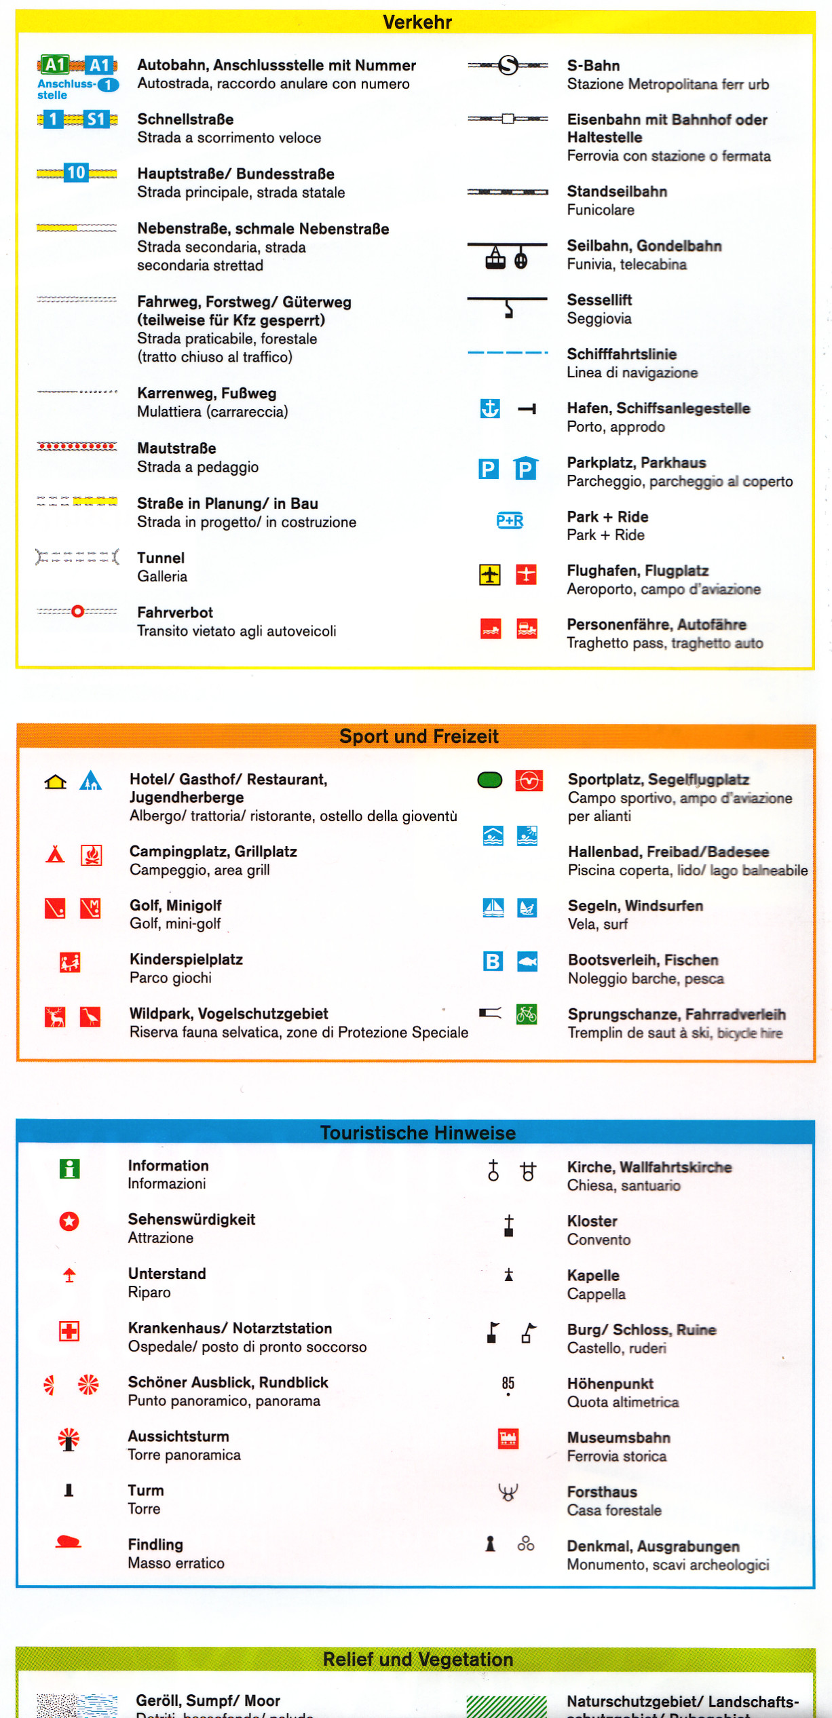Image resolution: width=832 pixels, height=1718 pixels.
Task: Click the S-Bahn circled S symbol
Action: (x=508, y=65)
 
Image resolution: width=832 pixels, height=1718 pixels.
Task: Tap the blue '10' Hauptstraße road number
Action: (x=76, y=173)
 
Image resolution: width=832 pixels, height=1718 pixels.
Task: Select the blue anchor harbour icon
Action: (x=490, y=408)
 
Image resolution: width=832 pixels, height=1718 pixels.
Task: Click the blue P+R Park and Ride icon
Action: (x=510, y=521)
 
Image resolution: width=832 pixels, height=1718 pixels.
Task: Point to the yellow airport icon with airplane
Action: (x=490, y=575)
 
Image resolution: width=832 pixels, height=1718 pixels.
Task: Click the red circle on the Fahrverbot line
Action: (x=77, y=611)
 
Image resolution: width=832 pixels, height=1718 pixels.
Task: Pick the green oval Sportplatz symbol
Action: (x=490, y=780)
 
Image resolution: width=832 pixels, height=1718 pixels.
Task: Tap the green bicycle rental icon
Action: (x=527, y=1014)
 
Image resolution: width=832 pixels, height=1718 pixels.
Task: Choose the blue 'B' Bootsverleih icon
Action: (x=493, y=961)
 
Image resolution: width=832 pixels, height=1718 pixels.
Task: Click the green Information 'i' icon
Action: (x=69, y=1168)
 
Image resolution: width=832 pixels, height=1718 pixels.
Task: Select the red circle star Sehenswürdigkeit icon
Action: (x=69, y=1221)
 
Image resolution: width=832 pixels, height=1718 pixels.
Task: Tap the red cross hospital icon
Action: (x=69, y=1331)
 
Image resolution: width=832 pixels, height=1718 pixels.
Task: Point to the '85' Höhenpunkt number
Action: (x=508, y=1383)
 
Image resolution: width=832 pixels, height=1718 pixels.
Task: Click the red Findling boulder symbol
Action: (x=68, y=1543)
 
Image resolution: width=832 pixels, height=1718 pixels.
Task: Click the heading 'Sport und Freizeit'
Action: (x=419, y=736)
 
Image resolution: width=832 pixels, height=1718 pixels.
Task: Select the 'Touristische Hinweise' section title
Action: (x=418, y=1132)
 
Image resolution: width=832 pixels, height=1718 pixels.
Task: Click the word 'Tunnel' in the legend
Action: (x=161, y=558)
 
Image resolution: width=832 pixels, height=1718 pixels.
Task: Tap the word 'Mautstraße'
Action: (x=176, y=448)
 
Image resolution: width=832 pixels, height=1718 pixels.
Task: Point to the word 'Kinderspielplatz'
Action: (x=186, y=959)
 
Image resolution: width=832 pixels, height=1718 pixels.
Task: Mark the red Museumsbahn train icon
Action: (x=508, y=1438)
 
